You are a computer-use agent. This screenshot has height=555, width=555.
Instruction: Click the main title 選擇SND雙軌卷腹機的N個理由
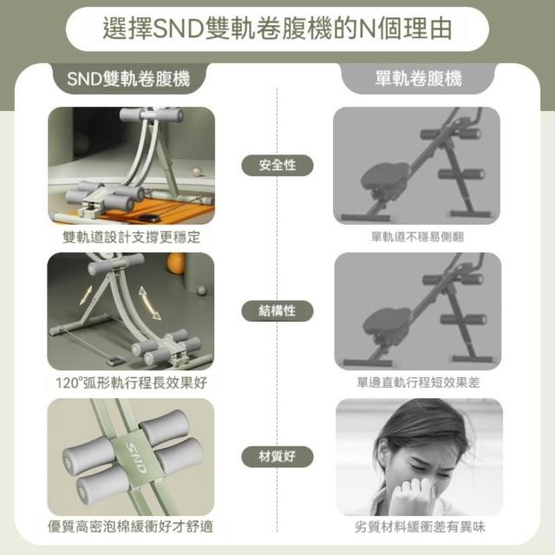tap(277, 29)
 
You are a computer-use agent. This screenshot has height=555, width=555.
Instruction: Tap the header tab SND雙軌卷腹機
tap(129, 79)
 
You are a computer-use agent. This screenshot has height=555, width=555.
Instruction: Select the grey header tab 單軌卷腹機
tap(418, 79)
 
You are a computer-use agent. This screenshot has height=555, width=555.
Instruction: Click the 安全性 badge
tap(277, 166)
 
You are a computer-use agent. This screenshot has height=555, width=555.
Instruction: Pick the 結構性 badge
tap(277, 311)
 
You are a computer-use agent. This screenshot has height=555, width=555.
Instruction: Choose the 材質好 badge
tap(277, 457)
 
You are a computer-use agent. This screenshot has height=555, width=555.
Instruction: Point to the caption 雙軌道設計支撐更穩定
tap(131, 237)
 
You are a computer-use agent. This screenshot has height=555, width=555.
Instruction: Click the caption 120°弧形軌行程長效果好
tap(131, 382)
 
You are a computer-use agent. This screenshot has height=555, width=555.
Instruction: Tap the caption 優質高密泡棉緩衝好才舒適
tap(131, 526)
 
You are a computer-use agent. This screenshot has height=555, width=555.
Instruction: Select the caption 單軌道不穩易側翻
tap(417, 237)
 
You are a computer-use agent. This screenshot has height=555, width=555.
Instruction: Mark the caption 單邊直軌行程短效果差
tap(418, 382)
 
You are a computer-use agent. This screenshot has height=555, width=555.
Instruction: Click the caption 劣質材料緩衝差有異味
tap(420, 527)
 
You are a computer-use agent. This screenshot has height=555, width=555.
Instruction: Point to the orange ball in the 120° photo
tap(176, 263)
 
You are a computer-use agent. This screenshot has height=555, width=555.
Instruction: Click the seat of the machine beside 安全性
tap(385, 177)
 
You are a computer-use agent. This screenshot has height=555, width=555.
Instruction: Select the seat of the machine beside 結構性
tap(387, 323)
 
